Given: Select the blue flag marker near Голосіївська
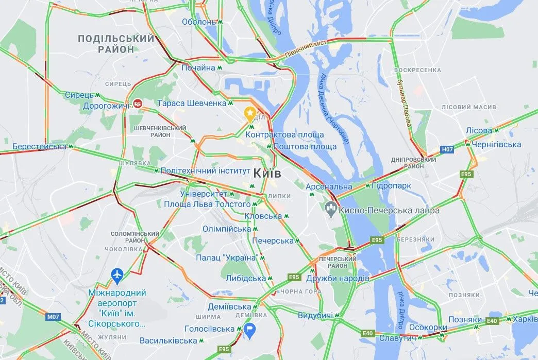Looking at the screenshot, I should tap(250, 329).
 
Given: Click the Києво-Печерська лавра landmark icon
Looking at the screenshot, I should tap(330, 210).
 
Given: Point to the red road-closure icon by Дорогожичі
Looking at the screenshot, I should tap(138, 104).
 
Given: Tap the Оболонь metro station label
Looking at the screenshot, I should tap(199, 22).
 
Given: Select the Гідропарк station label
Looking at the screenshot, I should tap(387, 186).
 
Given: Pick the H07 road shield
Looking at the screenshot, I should tap(447, 150).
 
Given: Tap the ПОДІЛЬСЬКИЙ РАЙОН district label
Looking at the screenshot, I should tap(116, 44).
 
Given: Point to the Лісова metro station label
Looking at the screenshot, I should tap(479, 130).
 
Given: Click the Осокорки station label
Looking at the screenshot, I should tap(428, 328).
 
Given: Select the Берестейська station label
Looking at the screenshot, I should tap(40, 146).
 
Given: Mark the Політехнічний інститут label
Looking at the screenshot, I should tap(205, 170).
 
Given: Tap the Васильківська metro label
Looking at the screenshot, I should tap(169, 340).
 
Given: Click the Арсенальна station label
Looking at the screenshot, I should tap(329, 186).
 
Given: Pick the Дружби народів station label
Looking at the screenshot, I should tap(338, 278).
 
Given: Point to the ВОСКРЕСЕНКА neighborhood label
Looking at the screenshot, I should tap(417, 70).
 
